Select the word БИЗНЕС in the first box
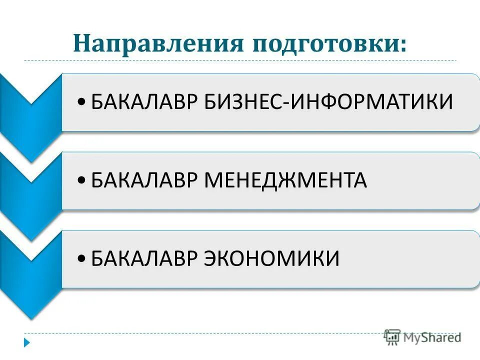(244, 102)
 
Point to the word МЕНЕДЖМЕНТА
(285, 180)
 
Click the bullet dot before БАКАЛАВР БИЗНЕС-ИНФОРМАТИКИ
(82, 103)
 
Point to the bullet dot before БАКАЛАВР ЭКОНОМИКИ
(82, 259)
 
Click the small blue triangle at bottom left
(27, 343)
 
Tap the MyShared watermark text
(432, 337)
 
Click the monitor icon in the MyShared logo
(392, 336)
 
